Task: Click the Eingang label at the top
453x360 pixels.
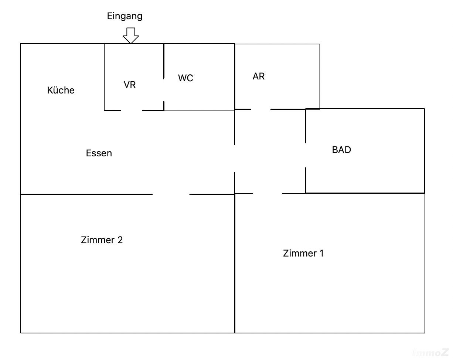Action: click(125, 16)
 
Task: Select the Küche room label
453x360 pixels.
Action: click(61, 90)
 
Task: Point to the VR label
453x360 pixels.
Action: click(130, 85)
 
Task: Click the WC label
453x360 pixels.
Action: click(185, 78)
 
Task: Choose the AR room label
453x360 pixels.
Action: click(259, 76)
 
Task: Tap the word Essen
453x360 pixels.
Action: click(99, 153)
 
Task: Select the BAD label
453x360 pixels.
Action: click(341, 150)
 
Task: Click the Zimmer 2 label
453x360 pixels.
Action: click(102, 240)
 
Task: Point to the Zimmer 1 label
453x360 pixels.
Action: click(303, 254)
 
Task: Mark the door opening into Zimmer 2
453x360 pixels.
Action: click(171, 194)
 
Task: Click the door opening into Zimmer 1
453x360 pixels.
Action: click(268, 193)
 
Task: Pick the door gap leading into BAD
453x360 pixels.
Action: click(305, 155)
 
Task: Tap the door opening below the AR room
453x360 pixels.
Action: click(261, 109)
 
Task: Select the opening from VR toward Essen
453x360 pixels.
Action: click(132, 110)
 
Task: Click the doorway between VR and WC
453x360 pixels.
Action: click(164, 89)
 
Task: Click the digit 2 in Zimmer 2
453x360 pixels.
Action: click(120, 240)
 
